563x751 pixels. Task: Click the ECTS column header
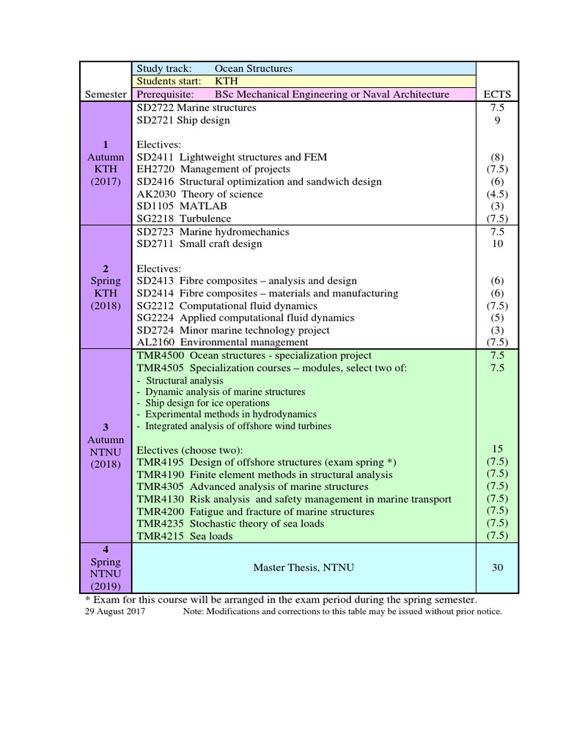[x=498, y=95]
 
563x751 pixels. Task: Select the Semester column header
[x=106, y=95]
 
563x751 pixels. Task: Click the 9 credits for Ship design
[x=498, y=120]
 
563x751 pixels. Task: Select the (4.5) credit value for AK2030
[x=498, y=194]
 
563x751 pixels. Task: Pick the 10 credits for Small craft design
[x=498, y=244]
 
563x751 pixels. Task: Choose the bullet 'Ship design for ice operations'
[x=203, y=403]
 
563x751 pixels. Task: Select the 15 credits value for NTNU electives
[x=498, y=449]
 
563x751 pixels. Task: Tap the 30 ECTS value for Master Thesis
[x=498, y=568]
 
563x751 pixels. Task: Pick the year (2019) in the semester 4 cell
[x=106, y=587]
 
